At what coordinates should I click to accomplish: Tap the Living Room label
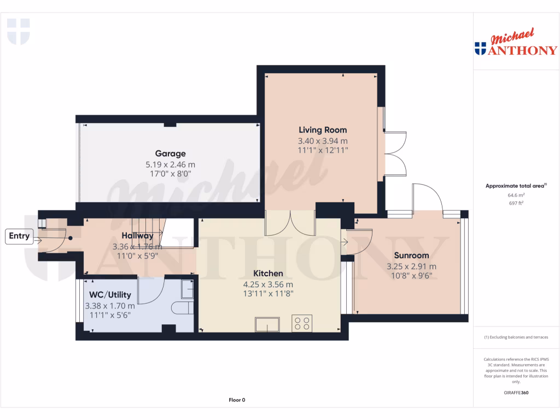(323, 130)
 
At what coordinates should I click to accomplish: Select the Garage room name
(170, 154)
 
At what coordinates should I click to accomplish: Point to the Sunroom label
(411, 255)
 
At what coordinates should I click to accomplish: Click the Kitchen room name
(268, 273)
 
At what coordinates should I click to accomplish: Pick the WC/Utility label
(110, 295)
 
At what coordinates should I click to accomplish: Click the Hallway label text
(137, 236)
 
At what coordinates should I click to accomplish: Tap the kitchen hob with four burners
(302, 323)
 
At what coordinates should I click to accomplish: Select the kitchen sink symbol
(267, 324)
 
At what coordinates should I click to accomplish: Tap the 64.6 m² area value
(516, 195)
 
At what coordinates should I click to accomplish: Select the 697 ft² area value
(516, 203)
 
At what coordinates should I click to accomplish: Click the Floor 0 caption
(237, 400)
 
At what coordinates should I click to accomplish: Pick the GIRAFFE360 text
(516, 393)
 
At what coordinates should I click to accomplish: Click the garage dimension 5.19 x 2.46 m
(170, 164)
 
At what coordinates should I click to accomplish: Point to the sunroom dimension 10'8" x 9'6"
(411, 276)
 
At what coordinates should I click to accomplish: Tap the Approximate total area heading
(515, 186)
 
